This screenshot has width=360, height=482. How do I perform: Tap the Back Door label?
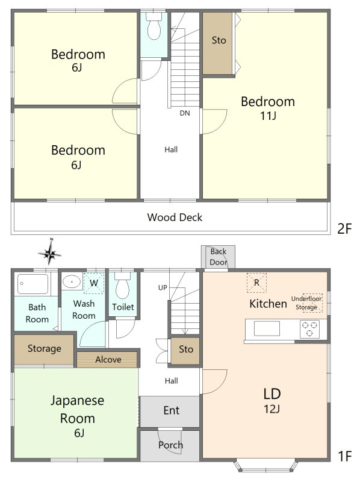click(x=219, y=257)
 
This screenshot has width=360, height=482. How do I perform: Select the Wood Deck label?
click(x=175, y=218)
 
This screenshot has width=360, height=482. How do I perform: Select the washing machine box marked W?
click(x=95, y=282)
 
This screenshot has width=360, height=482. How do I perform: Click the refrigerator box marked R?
click(x=256, y=282)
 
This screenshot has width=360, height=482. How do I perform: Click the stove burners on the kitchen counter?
click(x=310, y=328)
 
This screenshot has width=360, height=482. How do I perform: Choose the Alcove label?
click(x=108, y=360)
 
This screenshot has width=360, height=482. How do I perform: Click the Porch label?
click(x=170, y=445)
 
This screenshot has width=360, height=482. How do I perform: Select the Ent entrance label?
click(x=171, y=411)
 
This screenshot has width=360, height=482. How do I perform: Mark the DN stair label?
click(x=185, y=113)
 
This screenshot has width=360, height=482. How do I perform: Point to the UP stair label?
click(x=163, y=287)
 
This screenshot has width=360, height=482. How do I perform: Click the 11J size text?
click(x=267, y=116)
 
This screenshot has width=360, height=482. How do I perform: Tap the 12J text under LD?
click(x=272, y=410)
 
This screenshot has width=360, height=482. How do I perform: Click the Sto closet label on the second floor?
click(x=219, y=40)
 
